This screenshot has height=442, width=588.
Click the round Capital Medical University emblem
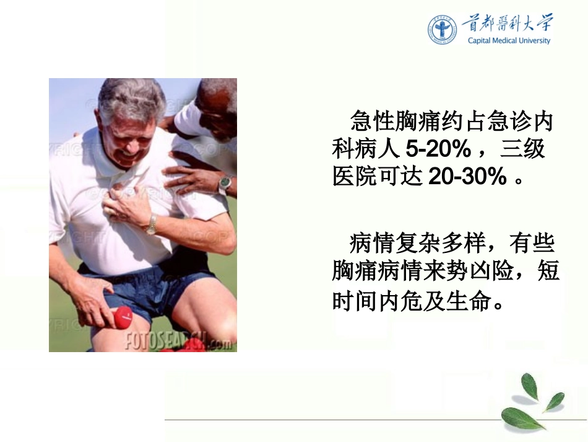(442, 30)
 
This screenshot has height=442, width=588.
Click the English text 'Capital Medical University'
(509, 42)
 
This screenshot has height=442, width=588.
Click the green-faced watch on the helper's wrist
(225, 183)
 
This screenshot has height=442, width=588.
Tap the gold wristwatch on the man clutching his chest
(150, 224)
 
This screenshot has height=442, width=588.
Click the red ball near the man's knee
(123, 317)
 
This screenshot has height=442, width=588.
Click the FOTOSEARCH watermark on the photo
(178, 340)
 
